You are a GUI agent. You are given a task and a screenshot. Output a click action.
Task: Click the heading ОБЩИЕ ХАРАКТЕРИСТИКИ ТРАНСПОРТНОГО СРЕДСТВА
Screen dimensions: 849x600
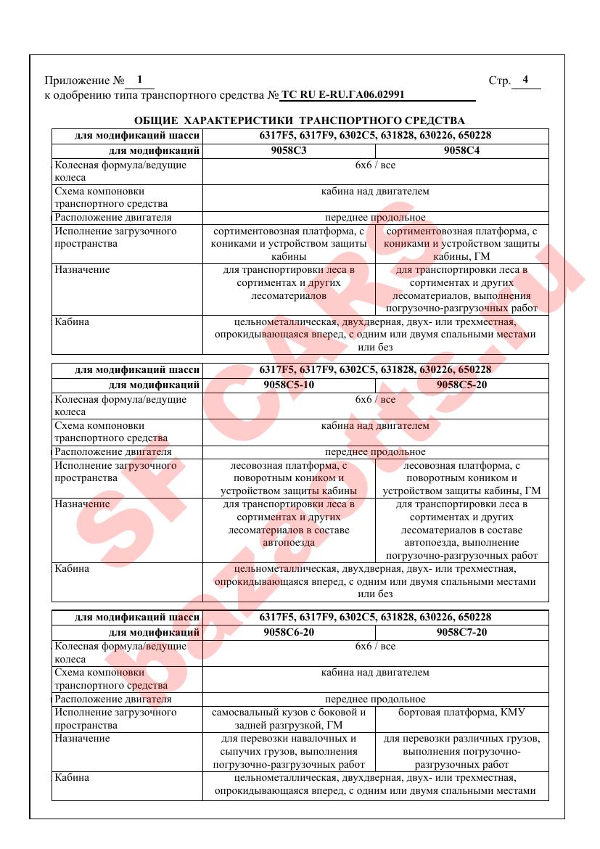[x=300, y=120]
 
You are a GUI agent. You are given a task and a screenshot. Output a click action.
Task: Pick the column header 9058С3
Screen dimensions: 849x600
[x=289, y=151]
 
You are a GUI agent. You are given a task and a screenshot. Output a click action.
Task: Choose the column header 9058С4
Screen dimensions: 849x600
[x=461, y=151]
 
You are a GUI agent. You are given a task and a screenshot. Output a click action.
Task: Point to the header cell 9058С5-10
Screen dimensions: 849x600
[x=289, y=385]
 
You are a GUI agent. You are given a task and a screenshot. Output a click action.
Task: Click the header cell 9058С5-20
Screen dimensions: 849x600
[x=461, y=385]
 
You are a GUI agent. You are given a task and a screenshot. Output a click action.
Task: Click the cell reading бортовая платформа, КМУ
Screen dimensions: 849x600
[x=461, y=712]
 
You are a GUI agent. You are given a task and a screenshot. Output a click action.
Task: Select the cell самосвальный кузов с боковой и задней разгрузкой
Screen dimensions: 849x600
[x=289, y=718]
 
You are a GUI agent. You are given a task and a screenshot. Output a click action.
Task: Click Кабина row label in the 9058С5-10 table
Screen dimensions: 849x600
[x=72, y=568]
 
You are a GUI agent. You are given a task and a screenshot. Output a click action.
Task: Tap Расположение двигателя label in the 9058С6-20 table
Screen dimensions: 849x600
[x=113, y=699]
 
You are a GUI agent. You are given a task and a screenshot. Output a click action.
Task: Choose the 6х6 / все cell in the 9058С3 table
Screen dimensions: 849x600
[x=375, y=165]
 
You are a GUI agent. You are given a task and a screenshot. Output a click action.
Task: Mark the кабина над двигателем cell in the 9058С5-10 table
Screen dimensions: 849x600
[x=375, y=426]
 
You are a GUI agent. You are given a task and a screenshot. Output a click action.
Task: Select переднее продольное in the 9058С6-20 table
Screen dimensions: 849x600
[x=375, y=699]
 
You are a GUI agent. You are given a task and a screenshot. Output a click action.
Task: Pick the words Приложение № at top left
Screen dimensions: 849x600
[x=81, y=81]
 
